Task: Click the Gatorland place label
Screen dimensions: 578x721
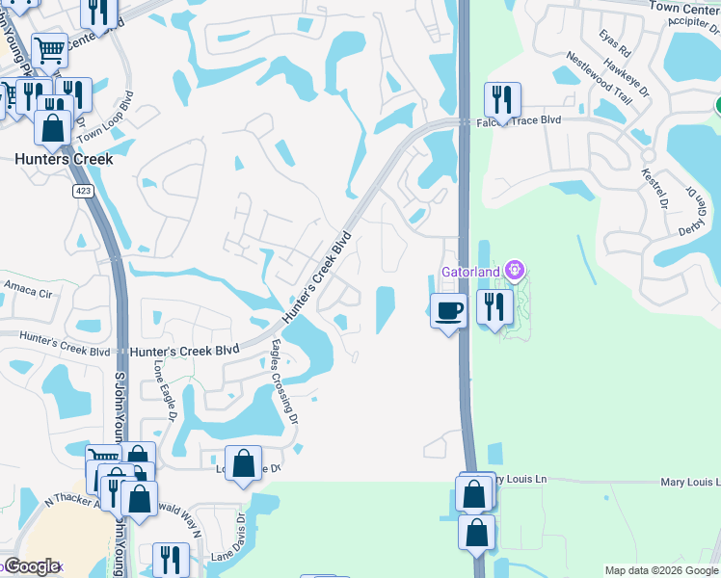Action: [x=470, y=272]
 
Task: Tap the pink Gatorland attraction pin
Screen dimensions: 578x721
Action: [x=516, y=271]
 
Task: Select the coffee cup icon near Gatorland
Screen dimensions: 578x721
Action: [x=447, y=311]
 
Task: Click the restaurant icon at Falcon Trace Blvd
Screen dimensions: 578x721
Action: [x=502, y=99]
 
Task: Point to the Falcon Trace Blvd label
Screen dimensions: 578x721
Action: [x=523, y=119]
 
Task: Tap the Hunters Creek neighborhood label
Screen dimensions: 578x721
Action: [x=63, y=159]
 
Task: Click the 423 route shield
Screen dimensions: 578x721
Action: [x=81, y=191]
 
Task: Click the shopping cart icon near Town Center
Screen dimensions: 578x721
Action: [x=48, y=49]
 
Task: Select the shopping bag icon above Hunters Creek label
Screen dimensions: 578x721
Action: [x=53, y=126]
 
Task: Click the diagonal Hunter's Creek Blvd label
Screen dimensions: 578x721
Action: [x=316, y=276]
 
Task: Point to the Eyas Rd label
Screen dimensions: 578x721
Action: [x=614, y=42]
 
